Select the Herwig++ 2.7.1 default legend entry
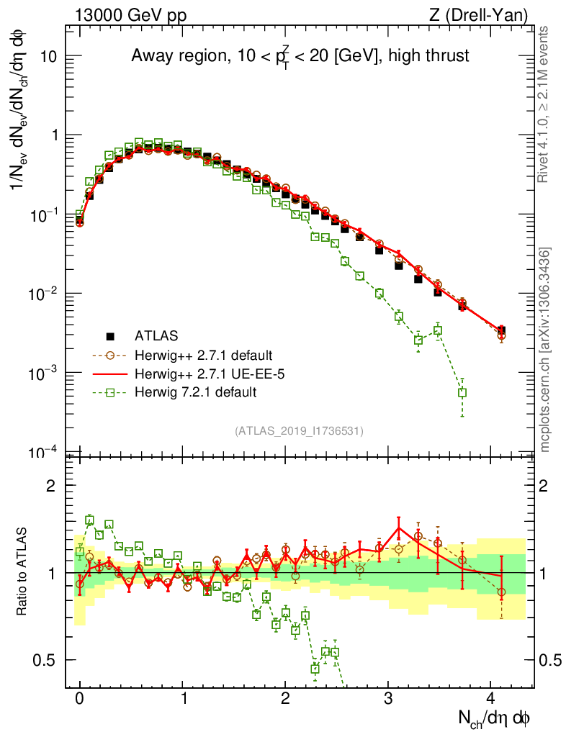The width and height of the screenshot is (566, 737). tap(203, 355)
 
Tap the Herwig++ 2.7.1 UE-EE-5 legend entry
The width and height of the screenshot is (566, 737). tap(202, 374)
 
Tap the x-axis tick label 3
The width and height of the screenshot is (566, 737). tap(389, 699)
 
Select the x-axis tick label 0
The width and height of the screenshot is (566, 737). tap(80, 699)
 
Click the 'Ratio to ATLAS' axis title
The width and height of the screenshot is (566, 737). tap(23, 572)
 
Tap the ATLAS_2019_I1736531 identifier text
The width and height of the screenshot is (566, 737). tap(299, 431)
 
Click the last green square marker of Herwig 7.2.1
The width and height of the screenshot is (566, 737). tap(462, 392)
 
